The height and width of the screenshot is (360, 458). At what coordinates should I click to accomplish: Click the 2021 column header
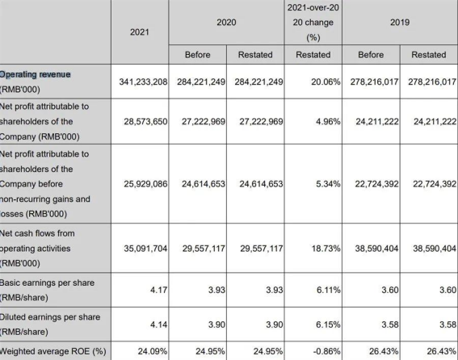point(139,32)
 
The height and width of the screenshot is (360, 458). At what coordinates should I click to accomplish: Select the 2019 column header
point(400,22)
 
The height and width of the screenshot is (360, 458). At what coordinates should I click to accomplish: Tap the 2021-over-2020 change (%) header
point(313,23)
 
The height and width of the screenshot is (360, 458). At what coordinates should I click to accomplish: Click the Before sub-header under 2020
point(197,55)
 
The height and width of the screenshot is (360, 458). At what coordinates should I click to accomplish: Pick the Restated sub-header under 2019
point(428,55)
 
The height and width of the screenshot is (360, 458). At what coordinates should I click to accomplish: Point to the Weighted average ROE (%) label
point(53,351)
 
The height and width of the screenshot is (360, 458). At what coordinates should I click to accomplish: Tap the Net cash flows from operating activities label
point(37,249)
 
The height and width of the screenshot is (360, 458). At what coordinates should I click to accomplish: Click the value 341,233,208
point(143,82)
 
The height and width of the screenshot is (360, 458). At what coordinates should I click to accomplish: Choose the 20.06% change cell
point(326,82)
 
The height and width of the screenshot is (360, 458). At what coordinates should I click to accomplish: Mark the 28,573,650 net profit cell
point(145,121)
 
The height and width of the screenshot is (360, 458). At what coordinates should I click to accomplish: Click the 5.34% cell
point(328,184)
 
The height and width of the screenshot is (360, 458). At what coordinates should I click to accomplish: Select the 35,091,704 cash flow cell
point(145,249)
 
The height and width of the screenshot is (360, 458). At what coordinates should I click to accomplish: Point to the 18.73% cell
point(326,249)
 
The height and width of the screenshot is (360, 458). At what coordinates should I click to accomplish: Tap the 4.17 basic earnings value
point(158,290)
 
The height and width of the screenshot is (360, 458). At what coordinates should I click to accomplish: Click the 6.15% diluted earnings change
point(328,324)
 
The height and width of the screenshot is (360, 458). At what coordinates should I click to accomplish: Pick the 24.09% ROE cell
point(153,351)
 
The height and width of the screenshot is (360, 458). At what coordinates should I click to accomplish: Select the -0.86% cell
point(326,351)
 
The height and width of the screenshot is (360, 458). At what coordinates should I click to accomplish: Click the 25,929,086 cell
point(145,184)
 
